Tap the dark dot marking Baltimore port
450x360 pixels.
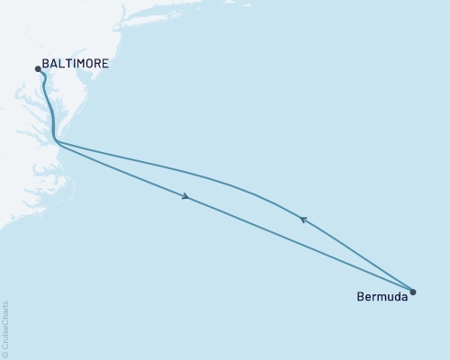[x=38, y=68]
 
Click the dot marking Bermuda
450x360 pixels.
[x=413, y=291]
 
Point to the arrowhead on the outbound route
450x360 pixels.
[x=185, y=197]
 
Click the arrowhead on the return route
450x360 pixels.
[x=303, y=218]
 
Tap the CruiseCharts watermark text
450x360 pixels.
[x=6, y=324]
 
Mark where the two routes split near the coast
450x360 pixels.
[x=57, y=142]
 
